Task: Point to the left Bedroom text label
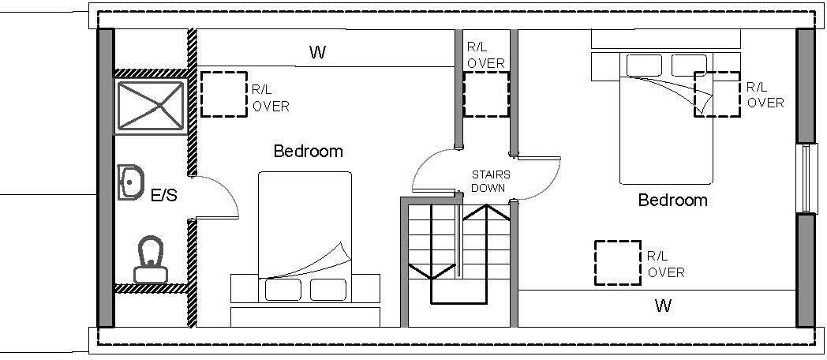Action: point(308,151)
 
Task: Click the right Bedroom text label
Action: point(672,201)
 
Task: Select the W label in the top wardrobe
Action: point(317,53)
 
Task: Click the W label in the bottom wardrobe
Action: point(663,306)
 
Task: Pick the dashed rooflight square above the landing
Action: point(486,95)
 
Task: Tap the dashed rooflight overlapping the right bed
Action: point(717,94)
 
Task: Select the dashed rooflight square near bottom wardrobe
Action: point(616,262)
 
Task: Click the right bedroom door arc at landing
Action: point(544,174)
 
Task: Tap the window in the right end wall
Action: point(804,179)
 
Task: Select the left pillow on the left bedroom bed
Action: point(282,290)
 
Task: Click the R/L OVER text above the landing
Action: point(485,55)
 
